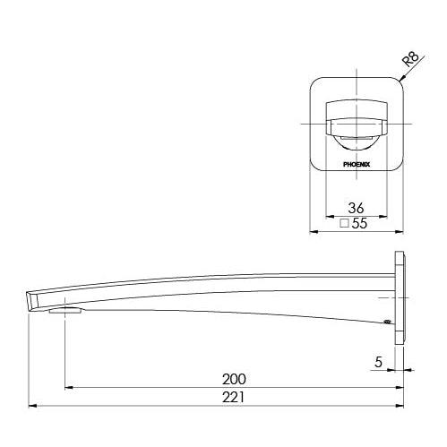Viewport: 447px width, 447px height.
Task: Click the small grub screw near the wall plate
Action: (387, 322)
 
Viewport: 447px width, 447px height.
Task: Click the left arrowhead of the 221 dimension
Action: (34, 406)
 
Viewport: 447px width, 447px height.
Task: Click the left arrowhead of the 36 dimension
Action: (328, 215)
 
